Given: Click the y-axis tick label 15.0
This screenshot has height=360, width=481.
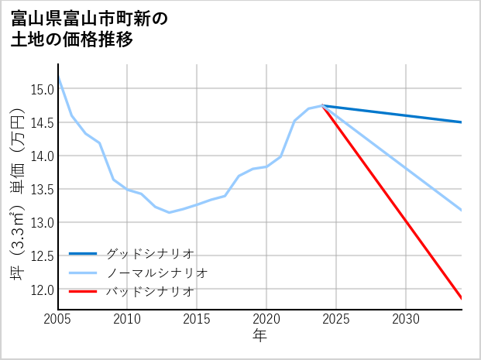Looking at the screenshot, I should [42, 89].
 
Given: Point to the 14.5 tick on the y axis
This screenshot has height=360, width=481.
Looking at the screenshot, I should [42, 122].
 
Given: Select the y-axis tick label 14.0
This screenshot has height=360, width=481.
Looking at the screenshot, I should [42, 156].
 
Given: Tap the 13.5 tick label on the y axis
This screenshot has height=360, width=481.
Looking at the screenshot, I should [42, 189].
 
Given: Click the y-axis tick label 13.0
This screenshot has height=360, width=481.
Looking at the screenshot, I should [42, 222].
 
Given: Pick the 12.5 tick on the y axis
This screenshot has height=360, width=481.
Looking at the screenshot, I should [42, 255].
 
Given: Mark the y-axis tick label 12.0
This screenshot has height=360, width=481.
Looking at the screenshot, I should [42, 289].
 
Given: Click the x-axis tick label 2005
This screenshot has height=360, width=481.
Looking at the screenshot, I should [57, 319].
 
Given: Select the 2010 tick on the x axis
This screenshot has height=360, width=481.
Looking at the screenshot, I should [127, 319].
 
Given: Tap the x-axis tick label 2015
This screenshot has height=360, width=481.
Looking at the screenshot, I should [197, 319].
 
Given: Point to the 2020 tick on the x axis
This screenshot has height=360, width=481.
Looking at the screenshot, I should [266, 319].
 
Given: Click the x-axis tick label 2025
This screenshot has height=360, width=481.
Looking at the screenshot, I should [336, 319].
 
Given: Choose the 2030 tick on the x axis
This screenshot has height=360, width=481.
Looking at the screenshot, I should [406, 319].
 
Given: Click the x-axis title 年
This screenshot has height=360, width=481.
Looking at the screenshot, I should [259, 336].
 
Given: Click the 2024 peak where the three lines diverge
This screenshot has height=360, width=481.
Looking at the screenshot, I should [322, 105].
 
